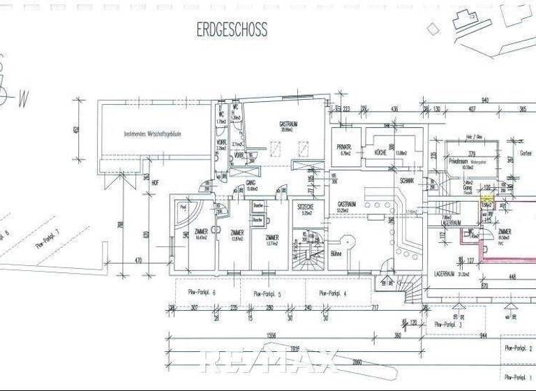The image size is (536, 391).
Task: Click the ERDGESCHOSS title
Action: [232, 30]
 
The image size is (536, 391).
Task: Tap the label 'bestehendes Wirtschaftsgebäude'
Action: [153, 133]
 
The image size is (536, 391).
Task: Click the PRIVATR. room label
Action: [344, 147]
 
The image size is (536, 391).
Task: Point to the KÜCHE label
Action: [380, 152]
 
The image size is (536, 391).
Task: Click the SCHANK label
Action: [408, 180]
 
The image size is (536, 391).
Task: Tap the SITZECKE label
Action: [305, 207]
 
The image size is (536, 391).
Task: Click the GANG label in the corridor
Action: [249, 182]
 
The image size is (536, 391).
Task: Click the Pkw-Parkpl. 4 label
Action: [333, 294]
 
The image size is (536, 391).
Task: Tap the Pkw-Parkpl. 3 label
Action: [448, 324]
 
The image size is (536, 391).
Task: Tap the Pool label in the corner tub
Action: [182, 207]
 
